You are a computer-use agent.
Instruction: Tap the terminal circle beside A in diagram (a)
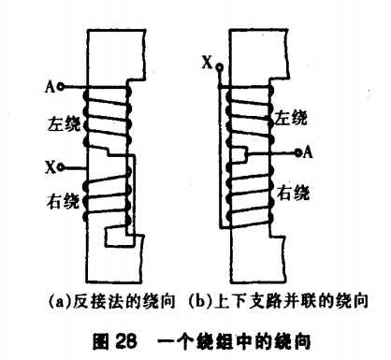coord(60,88)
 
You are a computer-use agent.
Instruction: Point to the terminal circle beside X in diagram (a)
coord(61,166)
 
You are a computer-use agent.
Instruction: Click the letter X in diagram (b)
coord(207,63)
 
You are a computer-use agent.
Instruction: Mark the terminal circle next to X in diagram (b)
coord(219,67)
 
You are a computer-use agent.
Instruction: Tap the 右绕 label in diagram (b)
coord(289,194)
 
